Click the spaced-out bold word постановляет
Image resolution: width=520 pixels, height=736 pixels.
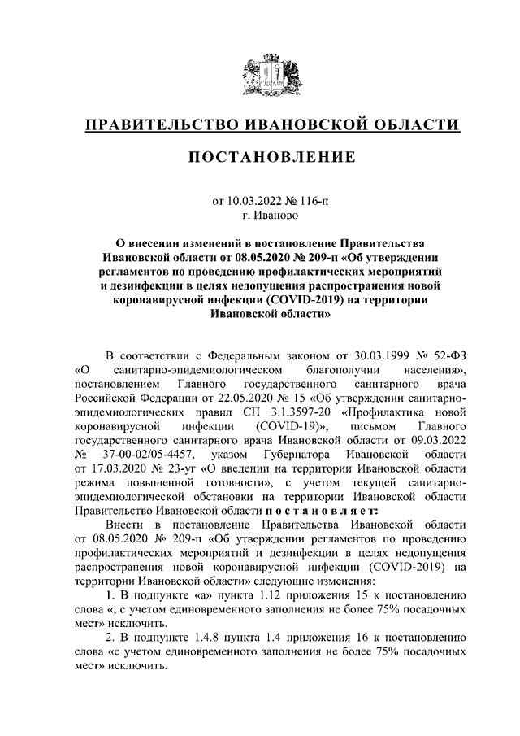pos(319,510)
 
